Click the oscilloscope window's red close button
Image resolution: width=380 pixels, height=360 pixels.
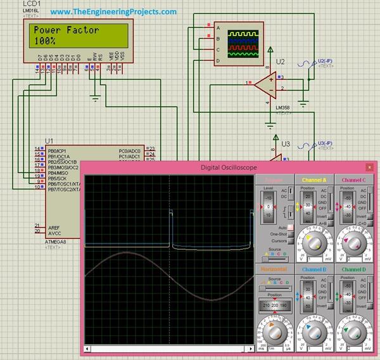pyautogui.click(x=369, y=167)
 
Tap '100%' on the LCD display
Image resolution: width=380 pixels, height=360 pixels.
pyautogui.click(x=45, y=41)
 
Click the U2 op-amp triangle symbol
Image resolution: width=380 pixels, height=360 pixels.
pyautogui.click(x=266, y=82)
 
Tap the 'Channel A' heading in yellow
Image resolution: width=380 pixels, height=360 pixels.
pyautogui.click(x=313, y=180)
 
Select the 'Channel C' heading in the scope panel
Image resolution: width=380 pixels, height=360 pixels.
pyautogui.click(x=354, y=180)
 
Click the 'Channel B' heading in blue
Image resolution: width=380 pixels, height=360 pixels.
pyautogui.click(x=313, y=269)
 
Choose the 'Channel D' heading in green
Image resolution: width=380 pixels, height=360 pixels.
pyautogui.click(x=354, y=269)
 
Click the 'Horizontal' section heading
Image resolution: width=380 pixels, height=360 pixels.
pyautogui.click(x=274, y=269)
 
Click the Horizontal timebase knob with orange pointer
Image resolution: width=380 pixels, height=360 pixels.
pyautogui.click(x=274, y=332)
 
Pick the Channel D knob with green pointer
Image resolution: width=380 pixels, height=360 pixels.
pyautogui.click(x=354, y=332)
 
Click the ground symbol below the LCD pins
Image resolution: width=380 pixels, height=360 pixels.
pyautogui.click(x=95, y=97)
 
